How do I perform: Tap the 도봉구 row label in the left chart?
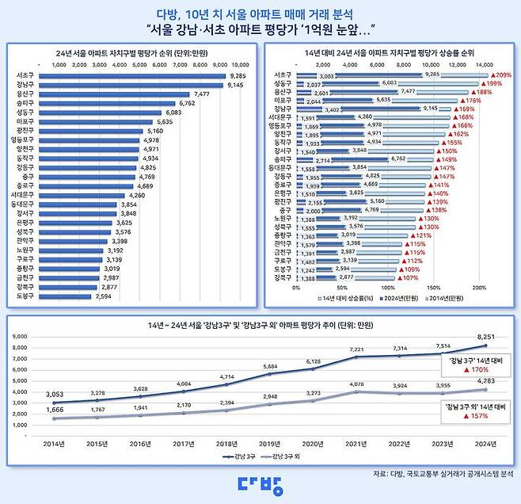24,296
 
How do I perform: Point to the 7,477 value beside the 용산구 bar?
201,94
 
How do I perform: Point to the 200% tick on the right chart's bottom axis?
478,288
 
